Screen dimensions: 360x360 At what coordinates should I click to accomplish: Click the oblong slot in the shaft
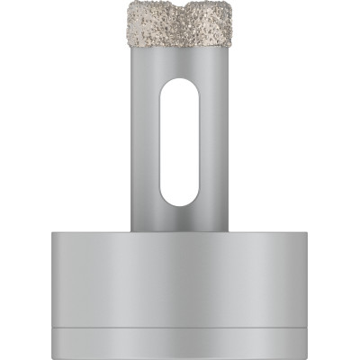click(180, 142)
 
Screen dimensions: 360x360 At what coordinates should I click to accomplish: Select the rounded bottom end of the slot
click(180, 201)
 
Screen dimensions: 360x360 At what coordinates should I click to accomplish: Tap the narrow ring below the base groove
click(180, 338)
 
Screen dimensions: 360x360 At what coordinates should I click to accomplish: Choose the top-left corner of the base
click(54, 232)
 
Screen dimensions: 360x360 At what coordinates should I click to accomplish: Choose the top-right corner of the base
click(306, 232)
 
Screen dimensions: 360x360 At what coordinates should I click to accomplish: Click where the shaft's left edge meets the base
click(130, 231)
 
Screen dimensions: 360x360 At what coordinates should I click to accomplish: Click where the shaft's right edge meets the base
click(230, 231)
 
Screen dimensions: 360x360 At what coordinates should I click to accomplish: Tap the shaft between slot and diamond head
click(180, 62)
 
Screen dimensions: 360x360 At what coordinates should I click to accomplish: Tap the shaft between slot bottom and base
click(180, 219)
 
